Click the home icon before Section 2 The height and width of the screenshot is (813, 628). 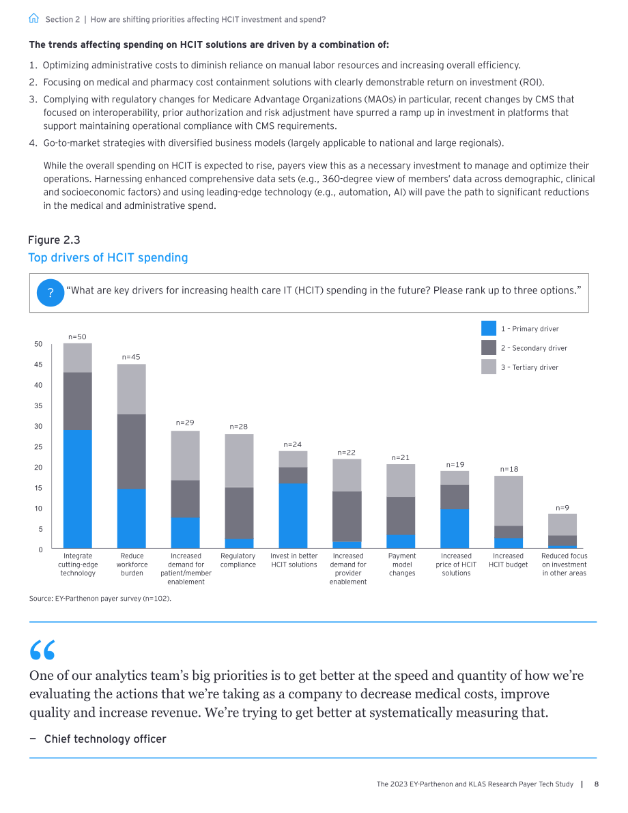33,18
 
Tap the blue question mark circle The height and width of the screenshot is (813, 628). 51,292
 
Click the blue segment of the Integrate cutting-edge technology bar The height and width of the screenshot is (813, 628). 78,489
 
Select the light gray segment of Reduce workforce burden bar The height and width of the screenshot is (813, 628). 131,389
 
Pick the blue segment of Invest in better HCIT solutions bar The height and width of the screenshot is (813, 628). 293,516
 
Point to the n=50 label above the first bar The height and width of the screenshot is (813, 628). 77,337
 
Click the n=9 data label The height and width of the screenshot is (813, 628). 562,508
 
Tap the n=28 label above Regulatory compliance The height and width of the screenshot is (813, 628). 238,427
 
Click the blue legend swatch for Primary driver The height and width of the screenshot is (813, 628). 489,328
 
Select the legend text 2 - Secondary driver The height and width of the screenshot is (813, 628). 534,348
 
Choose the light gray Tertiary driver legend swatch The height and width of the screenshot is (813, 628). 489,367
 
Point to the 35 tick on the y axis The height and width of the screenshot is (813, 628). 38,405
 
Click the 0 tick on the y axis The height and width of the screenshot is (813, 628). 40,550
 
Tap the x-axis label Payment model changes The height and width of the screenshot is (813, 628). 402,564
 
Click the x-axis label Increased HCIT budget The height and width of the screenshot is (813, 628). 509,560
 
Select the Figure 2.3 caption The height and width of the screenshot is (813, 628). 54,240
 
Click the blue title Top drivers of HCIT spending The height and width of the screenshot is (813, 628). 108,258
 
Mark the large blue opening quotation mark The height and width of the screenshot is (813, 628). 42,650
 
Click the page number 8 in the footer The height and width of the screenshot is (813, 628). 597,784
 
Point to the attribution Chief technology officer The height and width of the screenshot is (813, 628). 104,739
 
